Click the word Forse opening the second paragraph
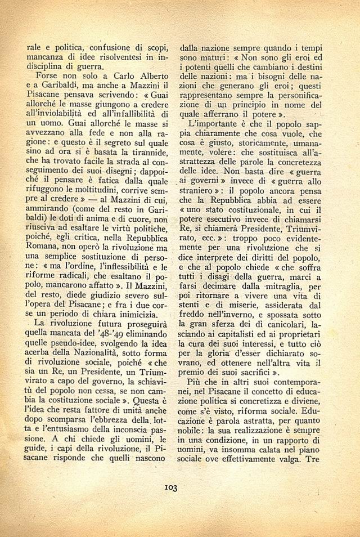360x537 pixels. [x=48, y=75]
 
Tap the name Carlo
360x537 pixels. [x=113, y=75]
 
